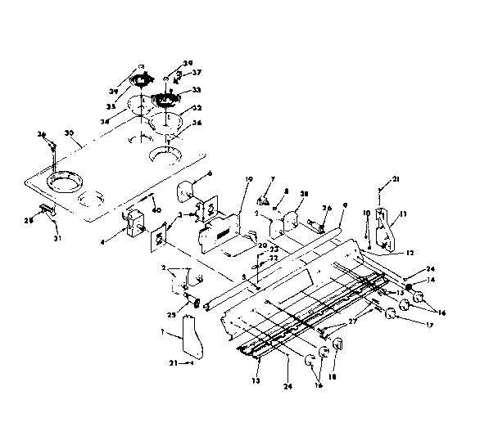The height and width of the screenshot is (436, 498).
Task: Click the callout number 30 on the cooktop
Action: click(x=70, y=133)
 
